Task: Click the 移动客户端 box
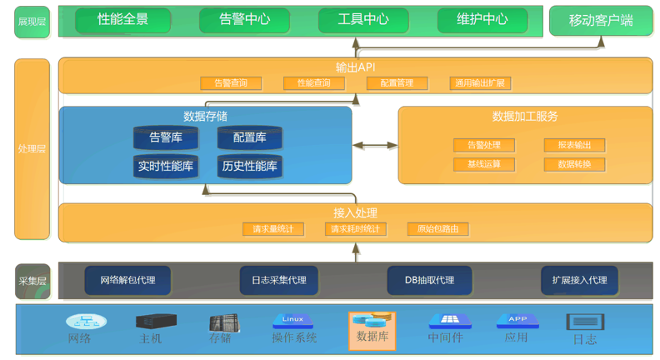(600, 21)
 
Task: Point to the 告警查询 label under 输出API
(231, 83)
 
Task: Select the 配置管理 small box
(397, 83)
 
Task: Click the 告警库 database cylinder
(166, 137)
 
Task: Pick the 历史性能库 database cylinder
(249, 166)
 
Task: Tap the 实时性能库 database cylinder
(166, 166)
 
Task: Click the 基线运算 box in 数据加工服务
(484, 164)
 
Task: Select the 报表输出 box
(574, 145)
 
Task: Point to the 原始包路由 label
(437, 229)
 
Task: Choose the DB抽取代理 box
(429, 280)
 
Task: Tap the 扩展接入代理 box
(579, 280)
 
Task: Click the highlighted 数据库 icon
(372, 330)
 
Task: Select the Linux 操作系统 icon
(292, 322)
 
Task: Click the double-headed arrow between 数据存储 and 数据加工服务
(375, 145)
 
